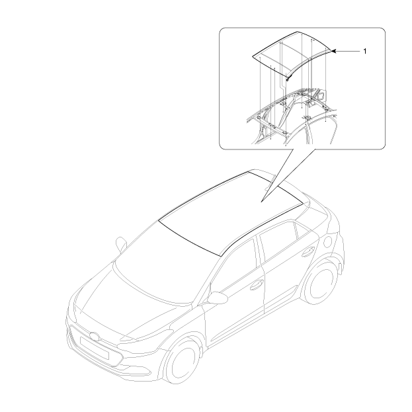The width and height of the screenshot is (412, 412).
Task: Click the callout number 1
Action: click(x=364, y=51)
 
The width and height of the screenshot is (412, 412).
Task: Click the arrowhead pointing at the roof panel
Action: click(x=334, y=51)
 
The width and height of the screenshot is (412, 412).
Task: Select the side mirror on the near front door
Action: click(x=218, y=298)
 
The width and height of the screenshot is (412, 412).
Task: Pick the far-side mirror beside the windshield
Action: click(x=121, y=244)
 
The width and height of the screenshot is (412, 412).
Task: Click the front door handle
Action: click(x=256, y=285)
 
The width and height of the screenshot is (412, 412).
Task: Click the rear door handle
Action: click(x=308, y=252)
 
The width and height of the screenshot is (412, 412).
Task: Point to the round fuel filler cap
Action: click(x=327, y=242)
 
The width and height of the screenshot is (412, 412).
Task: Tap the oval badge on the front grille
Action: click(x=95, y=337)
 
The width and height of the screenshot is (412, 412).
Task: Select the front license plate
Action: click(x=95, y=348)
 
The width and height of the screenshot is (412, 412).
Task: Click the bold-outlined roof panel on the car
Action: click(x=231, y=213)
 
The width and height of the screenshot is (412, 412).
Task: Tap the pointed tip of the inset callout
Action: click(x=261, y=202)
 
